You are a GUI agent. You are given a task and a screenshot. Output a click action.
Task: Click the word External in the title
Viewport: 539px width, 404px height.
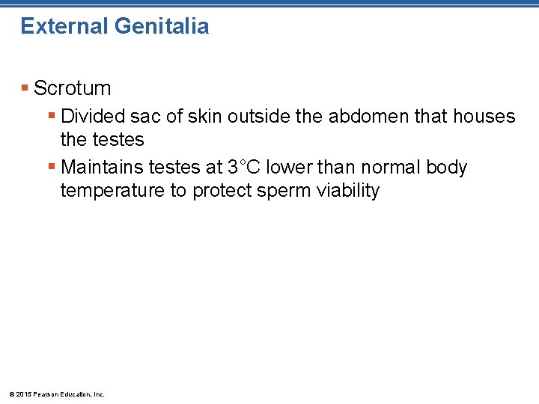coord(64,27)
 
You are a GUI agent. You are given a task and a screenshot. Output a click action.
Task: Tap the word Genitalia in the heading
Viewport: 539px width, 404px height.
coord(162,27)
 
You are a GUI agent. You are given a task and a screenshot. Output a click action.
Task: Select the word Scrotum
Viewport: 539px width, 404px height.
coord(73,88)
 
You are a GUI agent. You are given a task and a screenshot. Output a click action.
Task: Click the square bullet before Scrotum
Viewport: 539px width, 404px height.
coord(25,88)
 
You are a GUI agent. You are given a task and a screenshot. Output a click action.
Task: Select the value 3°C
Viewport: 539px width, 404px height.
coord(243,168)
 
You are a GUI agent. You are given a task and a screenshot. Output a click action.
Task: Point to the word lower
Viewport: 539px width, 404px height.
coord(288,168)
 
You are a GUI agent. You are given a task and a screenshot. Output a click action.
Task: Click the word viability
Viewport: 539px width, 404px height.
coord(348,191)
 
